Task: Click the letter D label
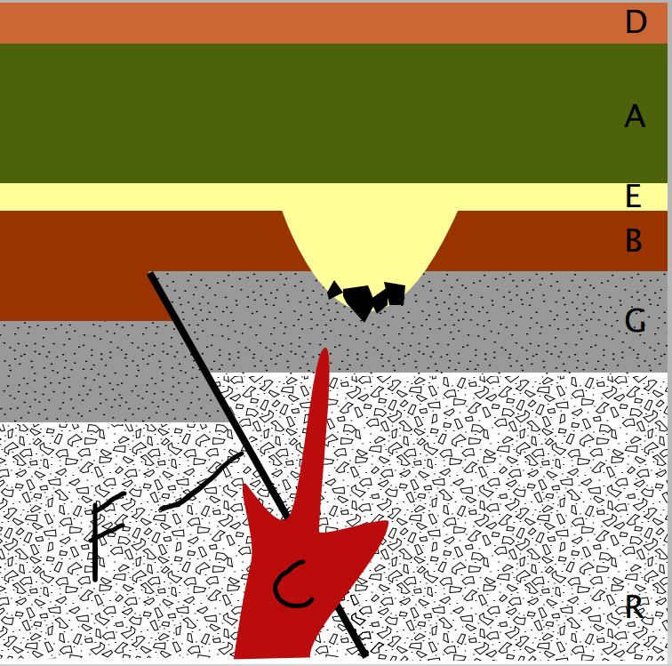point(636,22)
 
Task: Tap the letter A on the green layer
point(635,116)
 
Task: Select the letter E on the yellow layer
point(634,196)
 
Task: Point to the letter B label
point(634,240)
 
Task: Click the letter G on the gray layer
point(635,320)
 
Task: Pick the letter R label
point(635,606)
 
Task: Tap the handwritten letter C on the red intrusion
point(292,585)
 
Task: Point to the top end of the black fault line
point(150,274)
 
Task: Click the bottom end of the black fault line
point(365,654)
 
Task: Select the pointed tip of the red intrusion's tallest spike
point(325,349)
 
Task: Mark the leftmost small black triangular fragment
point(334,290)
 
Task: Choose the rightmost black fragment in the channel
point(396,293)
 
